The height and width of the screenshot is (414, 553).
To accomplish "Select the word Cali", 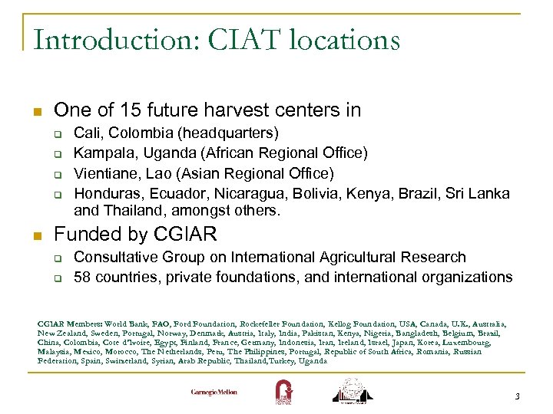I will pyautogui.click(x=88, y=133).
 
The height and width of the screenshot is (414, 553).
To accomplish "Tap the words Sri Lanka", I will pyautogui.click(x=477, y=192).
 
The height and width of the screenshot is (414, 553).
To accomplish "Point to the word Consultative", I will pyautogui.click(x=115, y=257).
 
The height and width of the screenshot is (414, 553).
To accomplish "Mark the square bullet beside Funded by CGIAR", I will pyautogui.click(x=38, y=235).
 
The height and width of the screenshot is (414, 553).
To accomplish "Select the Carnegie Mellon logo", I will pyautogui.click(x=214, y=392).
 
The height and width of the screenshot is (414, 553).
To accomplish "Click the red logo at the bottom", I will pyautogui.click(x=283, y=391).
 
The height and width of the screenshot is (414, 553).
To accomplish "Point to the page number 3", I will pyautogui.click(x=517, y=396).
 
